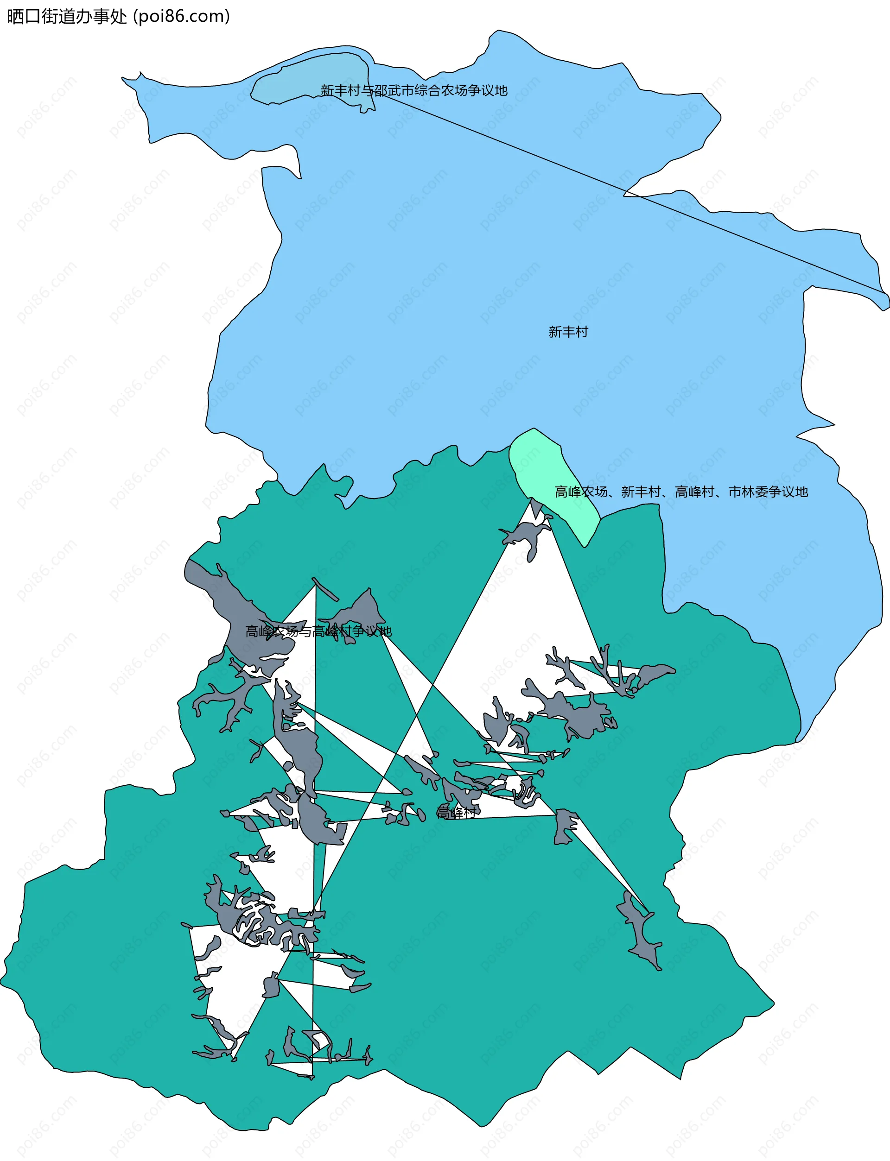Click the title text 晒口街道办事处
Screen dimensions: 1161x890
[67, 16]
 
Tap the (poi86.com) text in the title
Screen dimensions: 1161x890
[182, 16]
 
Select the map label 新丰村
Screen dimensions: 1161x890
[568, 332]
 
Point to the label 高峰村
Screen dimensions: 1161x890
[456, 813]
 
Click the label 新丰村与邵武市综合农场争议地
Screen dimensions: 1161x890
[414, 90]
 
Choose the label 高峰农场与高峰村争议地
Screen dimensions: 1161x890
[318, 631]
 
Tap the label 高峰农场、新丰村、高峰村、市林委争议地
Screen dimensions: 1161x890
[681, 492]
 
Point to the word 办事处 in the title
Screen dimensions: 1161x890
[110, 16]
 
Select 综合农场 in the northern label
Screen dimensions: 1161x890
[441, 90]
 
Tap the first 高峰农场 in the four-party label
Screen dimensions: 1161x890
[581, 492]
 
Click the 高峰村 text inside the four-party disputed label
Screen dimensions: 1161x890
[694, 492]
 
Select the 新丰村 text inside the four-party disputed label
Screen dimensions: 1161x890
[641, 492]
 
